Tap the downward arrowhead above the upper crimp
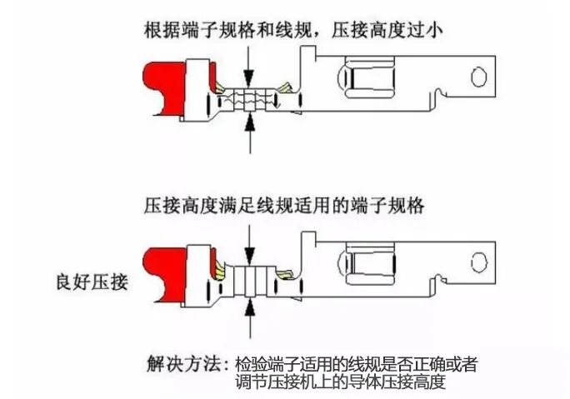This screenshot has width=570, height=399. click(249, 77)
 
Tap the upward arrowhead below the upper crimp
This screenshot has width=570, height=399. click(250, 122)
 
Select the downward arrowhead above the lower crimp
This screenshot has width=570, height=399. click(249, 256)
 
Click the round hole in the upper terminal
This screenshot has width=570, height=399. click(479, 77)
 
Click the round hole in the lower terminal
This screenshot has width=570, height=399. click(479, 262)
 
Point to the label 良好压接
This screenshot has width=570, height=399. click(92, 282)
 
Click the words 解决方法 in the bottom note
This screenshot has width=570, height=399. click(183, 363)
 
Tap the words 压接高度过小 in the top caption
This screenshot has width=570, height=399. click(387, 29)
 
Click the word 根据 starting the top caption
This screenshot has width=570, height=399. click(162, 29)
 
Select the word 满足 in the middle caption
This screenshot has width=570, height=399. click(237, 206)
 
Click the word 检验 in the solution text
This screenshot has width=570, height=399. click(253, 364)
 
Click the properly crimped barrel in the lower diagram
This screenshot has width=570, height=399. click(251, 281)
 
